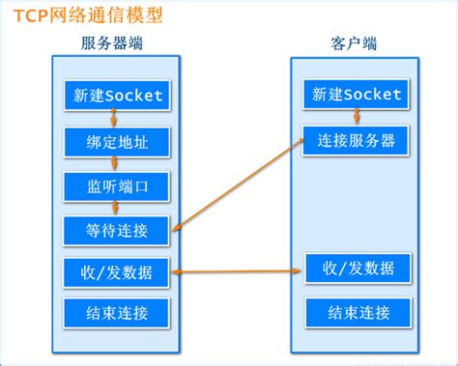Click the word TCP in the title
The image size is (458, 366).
[28, 17]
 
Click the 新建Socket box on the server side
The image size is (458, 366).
[118, 96]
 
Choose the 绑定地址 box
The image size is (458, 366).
[118, 142]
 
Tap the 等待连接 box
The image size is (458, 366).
[118, 230]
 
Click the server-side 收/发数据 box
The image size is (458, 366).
[118, 271]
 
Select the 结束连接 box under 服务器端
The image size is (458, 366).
[118, 313]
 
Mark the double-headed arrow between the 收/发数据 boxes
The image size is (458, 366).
[238, 271]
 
